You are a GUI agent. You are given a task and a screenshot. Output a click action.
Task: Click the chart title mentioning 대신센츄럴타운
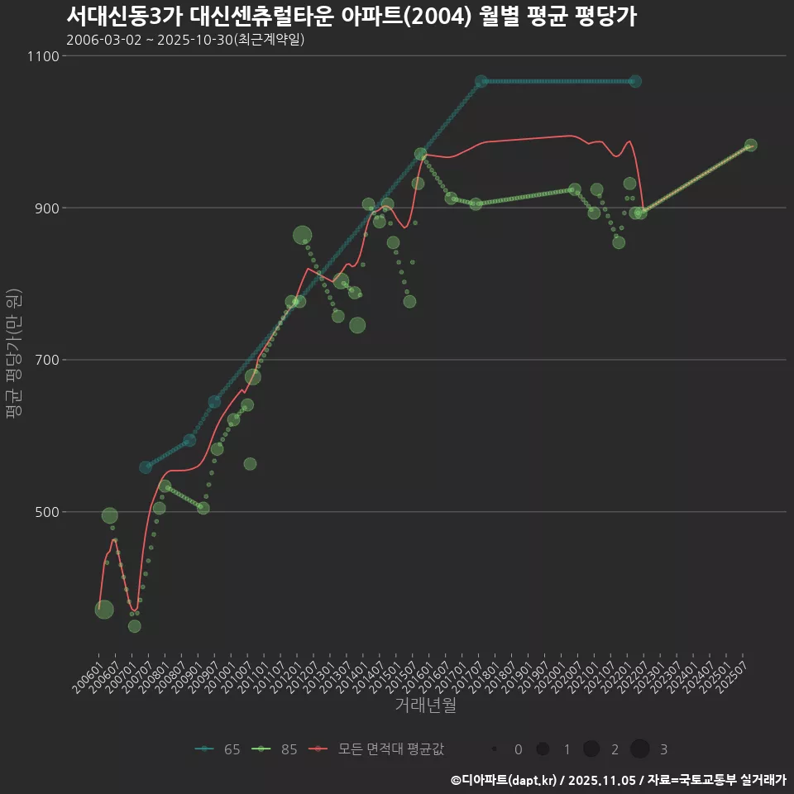pyautogui.click(x=352, y=17)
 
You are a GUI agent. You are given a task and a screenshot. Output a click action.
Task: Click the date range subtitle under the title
pyautogui.click(x=185, y=40)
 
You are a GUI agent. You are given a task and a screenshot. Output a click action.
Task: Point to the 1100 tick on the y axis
pyautogui.click(x=44, y=56)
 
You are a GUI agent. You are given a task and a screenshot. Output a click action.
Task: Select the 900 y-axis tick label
pyautogui.click(x=46, y=208)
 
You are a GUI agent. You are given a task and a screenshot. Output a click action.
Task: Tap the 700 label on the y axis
pyautogui.click(x=46, y=360)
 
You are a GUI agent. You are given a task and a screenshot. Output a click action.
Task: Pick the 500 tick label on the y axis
pyautogui.click(x=46, y=512)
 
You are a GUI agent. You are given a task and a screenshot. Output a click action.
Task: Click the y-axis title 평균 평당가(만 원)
pyautogui.click(x=13, y=356)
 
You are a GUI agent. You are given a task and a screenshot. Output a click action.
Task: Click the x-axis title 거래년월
pyautogui.click(x=425, y=706)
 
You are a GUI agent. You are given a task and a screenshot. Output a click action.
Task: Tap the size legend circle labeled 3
pyautogui.click(x=639, y=749)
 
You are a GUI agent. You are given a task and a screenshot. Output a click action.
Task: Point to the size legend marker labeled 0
pyautogui.click(x=494, y=749)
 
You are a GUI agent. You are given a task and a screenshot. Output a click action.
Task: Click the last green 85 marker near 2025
pyautogui.click(x=750, y=145)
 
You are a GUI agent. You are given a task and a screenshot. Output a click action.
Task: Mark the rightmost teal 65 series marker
pyautogui.click(x=634, y=81)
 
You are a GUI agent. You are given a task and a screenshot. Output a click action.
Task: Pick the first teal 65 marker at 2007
pyautogui.click(x=146, y=467)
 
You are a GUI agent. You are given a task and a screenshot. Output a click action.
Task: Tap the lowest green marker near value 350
pyautogui.click(x=134, y=626)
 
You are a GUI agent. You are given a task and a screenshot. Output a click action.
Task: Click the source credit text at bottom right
pyautogui.click(x=619, y=780)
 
